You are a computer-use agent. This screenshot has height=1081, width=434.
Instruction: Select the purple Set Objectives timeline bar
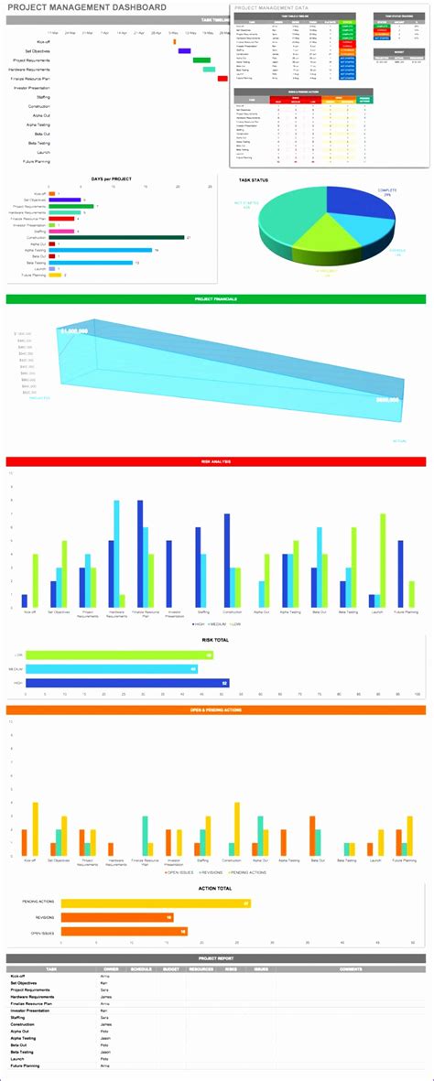(184, 50)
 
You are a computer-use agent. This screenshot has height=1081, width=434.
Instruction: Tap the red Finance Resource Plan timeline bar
(222, 79)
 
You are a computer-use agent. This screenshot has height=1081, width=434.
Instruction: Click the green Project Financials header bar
(216, 299)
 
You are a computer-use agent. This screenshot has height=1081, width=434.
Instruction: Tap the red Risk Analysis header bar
(216, 462)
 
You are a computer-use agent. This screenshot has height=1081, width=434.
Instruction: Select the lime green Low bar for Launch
(383, 560)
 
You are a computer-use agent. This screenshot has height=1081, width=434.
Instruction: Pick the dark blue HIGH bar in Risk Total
(127, 683)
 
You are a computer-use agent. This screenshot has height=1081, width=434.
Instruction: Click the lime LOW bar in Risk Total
(119, 655)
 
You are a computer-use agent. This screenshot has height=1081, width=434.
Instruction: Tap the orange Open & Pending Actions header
(216, 709)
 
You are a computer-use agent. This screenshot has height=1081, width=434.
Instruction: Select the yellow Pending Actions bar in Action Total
(151, 903)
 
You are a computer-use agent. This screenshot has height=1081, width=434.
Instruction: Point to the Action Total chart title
(216, 888)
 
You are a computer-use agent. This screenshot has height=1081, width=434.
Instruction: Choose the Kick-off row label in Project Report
(18, 976)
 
